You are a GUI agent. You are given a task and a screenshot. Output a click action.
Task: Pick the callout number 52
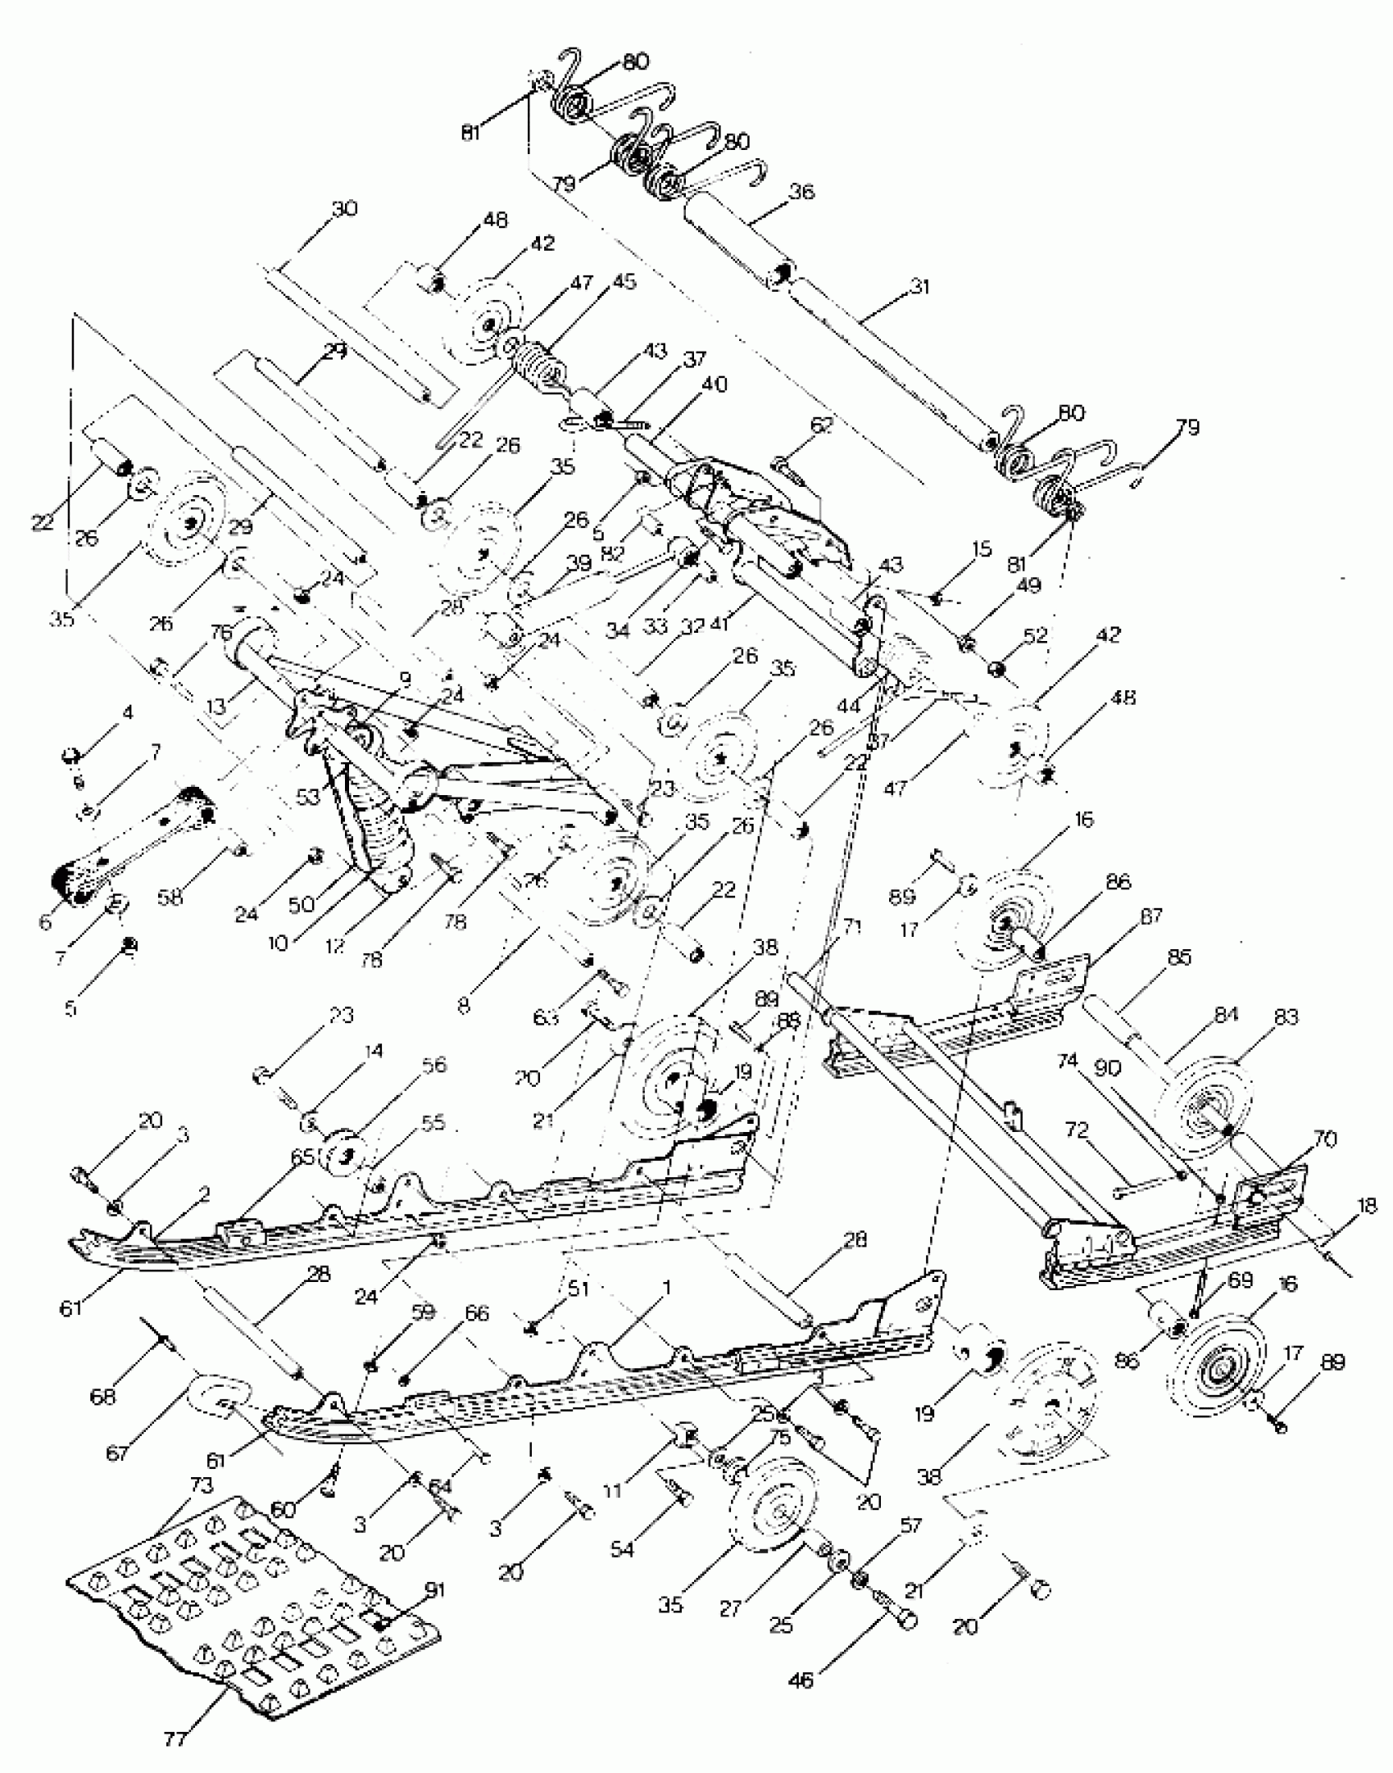[1036, 635]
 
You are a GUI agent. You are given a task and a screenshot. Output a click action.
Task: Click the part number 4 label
[126, 713]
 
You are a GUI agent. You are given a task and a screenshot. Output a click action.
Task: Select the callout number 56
[433, 1065]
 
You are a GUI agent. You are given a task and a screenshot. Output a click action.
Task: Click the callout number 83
[1286, 1017]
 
